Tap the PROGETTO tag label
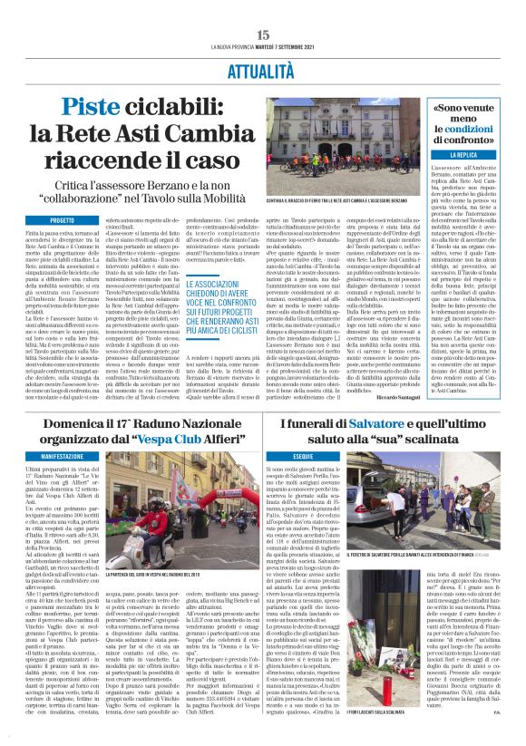63,220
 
